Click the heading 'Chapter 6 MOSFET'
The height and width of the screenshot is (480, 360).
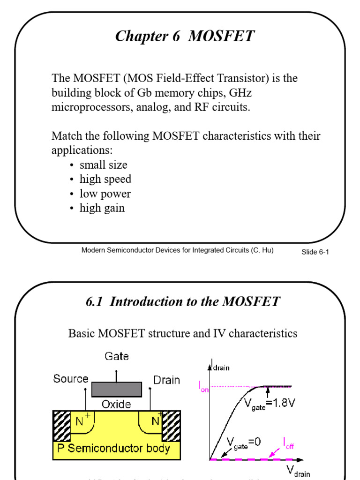click(x=185, y=36)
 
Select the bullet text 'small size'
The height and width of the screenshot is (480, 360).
click(x=103, y=165)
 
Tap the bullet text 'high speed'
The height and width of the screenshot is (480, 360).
click(x=105, y=179)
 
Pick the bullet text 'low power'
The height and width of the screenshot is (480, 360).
click(x=105, y=194)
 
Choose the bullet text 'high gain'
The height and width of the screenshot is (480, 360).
click(x=102, y=208)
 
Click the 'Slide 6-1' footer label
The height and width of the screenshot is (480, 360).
click(x=315, y=252)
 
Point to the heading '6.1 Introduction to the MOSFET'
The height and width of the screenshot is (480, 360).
click(x=183, y=301)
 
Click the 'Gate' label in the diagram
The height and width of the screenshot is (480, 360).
click(x=116, y=357)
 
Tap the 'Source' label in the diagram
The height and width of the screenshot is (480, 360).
click(x=71, y=379)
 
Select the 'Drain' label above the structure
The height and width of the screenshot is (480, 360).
click(x=166, y=380)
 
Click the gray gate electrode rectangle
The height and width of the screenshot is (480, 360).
click(x=116, y=389)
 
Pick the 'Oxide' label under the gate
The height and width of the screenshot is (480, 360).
click(x=116, y=404)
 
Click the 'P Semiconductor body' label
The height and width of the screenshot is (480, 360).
click(x=119, y=449)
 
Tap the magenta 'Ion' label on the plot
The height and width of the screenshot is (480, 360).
click(x=203, y=387)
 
